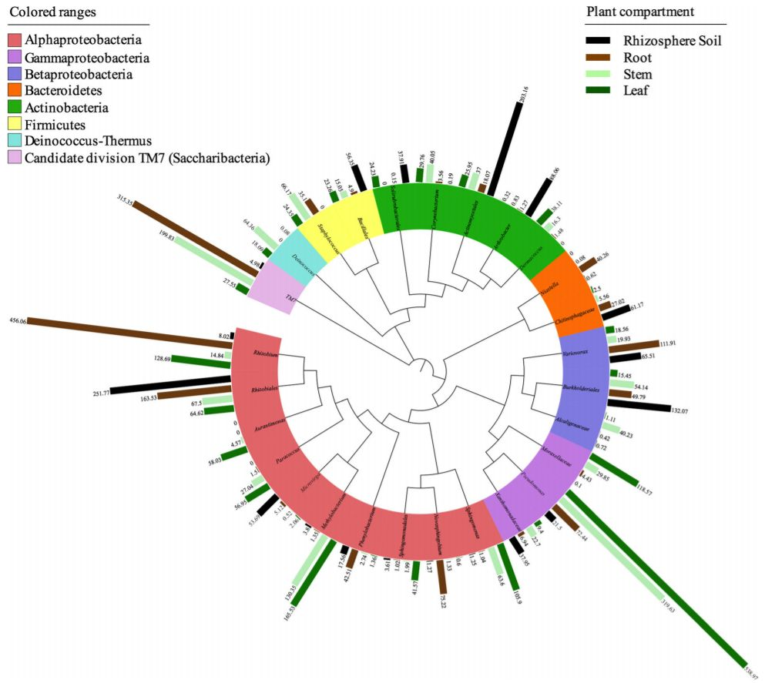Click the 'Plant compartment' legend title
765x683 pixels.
click(639, 12)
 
